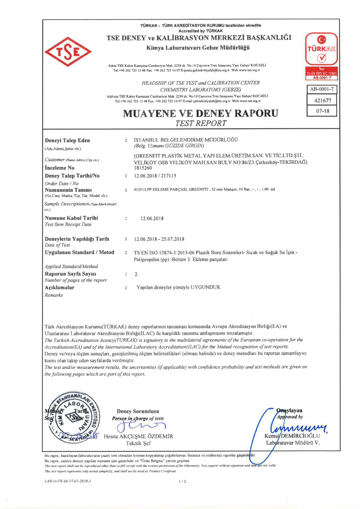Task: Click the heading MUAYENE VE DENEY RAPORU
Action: click(x=201, y=113)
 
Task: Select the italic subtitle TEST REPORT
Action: click(x=201, y=123)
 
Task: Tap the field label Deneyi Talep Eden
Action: click(x=67, y=141)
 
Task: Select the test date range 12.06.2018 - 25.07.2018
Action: click(x=159, y=239)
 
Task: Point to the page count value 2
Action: click(x=135, y=274)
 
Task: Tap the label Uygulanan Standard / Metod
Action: click(x=80, y=252)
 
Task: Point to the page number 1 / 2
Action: click(x=183, y=481)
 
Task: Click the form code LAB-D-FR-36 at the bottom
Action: click(x=68, y=481)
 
